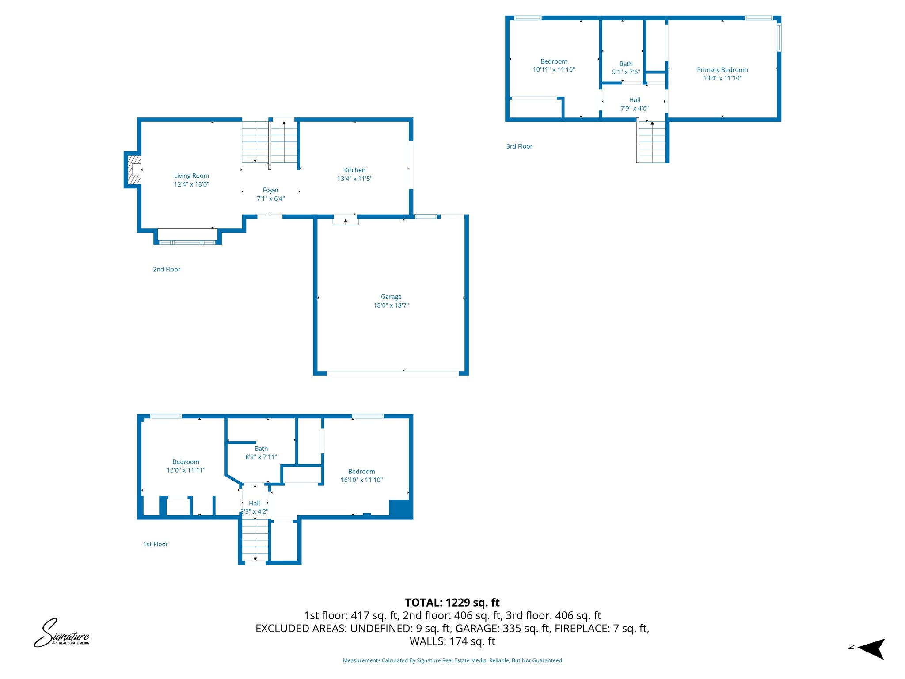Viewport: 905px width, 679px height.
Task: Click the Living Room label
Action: pyautogui.click(x=191, y=176)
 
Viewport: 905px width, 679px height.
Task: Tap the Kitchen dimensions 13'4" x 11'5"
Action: pyautogui.click(x=354, y=179)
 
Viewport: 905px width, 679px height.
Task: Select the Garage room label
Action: pyautogui.click(x=391, y=297)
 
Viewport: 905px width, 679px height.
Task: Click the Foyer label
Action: pyautogui.click(x=270, y=190)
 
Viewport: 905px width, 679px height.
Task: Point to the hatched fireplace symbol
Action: pyautogui.click(x=134, y=170)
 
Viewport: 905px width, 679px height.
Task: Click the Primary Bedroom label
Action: pyautogui.click(x=722, y=70)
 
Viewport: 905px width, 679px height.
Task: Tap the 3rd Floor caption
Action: pyautogui.click(x=519, y=146)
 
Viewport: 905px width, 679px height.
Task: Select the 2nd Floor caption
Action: pyautogui.click(x=167, y=269)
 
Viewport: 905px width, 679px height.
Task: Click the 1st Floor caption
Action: pyautogui.click(x=156, y=544)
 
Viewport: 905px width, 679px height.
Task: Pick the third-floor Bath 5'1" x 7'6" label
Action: pyautogui.click(x=626, y=68)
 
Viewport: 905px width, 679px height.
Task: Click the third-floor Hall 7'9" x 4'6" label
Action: pyautogui.click(x=635, y=104)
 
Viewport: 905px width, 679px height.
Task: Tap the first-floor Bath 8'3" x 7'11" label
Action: pyautogui.click(x=261, y=453)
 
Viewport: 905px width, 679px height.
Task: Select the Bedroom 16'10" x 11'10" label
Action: pyautogui.click(x=361, y=476)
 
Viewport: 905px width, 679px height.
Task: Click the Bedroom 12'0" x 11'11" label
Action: pyautogui.click(x=186, y=466)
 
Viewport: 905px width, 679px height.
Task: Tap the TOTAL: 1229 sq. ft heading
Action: pyautogui.click(x=452, y=603)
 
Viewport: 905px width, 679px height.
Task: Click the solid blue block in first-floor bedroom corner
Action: pyautogui.click(x=400, y=508)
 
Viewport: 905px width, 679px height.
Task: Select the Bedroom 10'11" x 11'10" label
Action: pyautogui.click(x=554, y=65)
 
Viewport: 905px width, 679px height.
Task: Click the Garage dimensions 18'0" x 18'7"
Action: pyautogui.click(x=391, y=305)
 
